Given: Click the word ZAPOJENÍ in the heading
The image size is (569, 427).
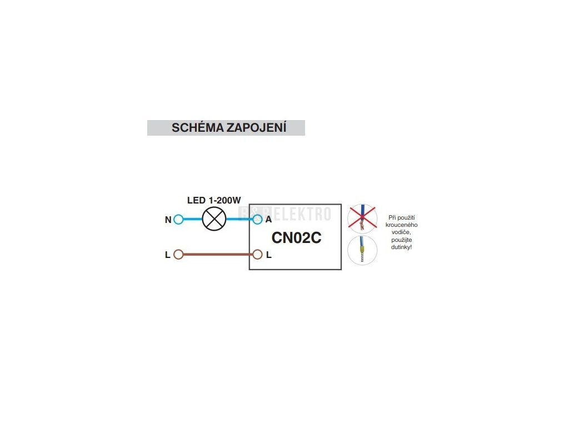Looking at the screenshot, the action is [x=257, y=127].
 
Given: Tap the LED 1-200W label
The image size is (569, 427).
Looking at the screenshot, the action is [x=214, y=200].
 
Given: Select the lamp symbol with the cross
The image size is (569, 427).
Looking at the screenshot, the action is [x=214, y=219].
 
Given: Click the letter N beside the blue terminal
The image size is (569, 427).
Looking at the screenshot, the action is [x=168, y=220].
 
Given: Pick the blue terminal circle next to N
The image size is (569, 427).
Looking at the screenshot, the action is [x=178, y=219].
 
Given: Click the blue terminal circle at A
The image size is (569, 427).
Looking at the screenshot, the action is [x=257, y=219].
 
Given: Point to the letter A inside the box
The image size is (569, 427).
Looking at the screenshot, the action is [x=268, y=219].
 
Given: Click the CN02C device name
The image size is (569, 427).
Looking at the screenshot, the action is [x=297, y=238].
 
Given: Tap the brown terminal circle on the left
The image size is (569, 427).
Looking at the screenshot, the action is [x=178, y=255].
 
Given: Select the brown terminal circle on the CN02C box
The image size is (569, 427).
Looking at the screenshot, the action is [x=257, y=255].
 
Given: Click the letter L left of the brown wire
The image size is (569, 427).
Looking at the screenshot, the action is [x=168, y=255].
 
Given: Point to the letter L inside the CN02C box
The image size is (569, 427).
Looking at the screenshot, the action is [x=268, y=255].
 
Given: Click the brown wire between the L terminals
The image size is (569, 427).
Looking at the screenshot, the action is [x=218, y=255].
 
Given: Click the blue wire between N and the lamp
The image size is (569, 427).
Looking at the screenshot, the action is [x=192, y=219].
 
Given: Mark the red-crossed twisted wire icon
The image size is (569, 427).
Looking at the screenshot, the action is [x=362, y=219].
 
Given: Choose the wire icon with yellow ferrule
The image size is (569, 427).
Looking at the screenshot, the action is [x=362, y=250].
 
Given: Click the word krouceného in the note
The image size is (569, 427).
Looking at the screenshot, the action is [x=401, y=225].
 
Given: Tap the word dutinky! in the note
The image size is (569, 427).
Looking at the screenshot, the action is [x=401, y=247].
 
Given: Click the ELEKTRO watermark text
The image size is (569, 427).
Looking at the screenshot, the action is [x=302, y=214].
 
